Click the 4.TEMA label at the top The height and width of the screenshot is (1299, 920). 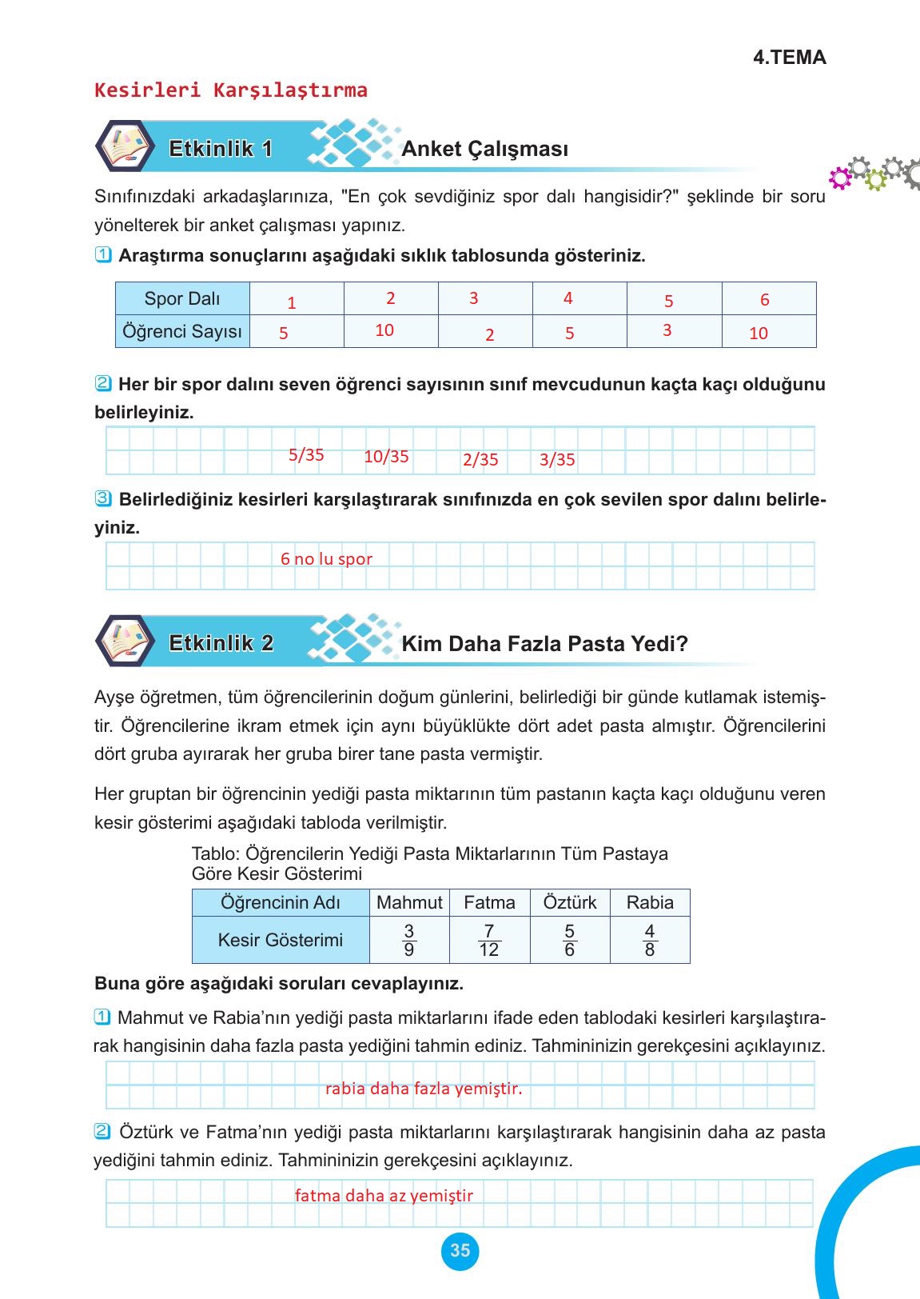point(789,58)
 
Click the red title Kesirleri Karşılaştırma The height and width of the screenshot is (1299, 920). point(231,90)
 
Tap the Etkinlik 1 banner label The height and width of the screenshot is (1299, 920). point(221,149)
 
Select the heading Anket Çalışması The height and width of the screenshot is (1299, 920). point(484,149)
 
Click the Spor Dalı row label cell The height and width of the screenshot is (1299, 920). point(182,298)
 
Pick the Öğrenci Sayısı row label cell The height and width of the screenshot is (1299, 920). point(182,331)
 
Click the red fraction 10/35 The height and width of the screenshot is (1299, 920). point(386,457)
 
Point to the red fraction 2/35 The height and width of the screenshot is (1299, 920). point(480,460)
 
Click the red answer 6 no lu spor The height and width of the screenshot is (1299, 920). point(326,559)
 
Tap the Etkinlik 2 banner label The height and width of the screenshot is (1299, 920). point(221,643)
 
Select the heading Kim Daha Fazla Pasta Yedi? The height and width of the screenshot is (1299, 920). point(544,643)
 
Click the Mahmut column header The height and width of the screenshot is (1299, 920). point(409,902)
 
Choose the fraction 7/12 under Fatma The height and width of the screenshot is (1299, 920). point(489,940)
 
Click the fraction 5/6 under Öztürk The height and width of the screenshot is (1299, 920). point(569,940)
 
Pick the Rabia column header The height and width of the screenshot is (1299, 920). point(650,902)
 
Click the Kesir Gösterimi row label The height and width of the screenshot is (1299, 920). point(281,940)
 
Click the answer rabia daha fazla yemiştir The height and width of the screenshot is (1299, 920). point(424,1089)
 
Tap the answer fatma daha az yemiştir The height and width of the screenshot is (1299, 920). point(384,1196)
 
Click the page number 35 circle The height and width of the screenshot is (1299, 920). point(460,1250)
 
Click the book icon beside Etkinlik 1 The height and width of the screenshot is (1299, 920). point(125,147)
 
